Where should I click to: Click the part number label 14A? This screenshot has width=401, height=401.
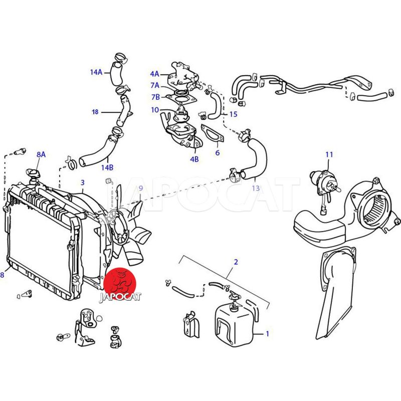click(x=96, y=72)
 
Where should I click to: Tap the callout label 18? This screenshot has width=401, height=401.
click(x=95, y=112)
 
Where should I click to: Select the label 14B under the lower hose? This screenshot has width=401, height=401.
click(x=107, y=167)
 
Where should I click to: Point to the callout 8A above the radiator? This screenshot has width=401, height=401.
click(x=41, y=154)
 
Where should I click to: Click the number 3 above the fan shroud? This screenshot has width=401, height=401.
click(x=82, y=182)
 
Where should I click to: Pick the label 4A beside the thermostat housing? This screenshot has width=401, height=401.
click(x=154, y=74)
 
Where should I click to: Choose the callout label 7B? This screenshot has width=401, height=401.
click(x=155, y=97)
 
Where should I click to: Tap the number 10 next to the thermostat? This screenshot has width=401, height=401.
click(x=155, y=110)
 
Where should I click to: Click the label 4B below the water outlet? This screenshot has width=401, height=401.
click(x=194, y=159)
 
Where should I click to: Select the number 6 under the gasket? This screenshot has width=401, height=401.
click(x=218, y=153)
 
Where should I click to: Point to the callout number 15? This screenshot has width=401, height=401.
click(x=233, y=114)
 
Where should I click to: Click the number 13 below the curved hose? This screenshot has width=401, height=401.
click(x=256, y=188)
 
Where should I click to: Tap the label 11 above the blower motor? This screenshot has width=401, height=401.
click(x=329, y=154)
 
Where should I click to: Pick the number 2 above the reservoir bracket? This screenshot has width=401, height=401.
click(x=236, y=262)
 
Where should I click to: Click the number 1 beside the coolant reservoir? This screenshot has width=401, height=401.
click(x=268, y=334)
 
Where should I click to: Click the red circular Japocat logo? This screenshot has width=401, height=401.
click(x=120, y=284)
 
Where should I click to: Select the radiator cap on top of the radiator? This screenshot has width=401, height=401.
click(x=33, y=175)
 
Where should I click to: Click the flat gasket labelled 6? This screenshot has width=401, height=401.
click(x=213, y=133)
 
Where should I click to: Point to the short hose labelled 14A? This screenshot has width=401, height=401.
click(x=117, y=73)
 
